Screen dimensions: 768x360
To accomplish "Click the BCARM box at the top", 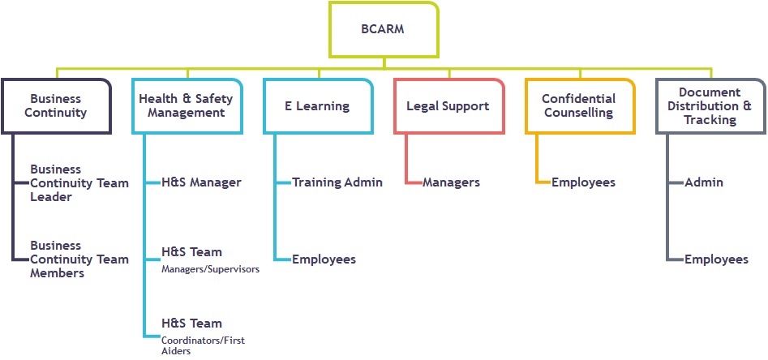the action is click(384, 29).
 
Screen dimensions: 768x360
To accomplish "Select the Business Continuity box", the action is click(56, 105).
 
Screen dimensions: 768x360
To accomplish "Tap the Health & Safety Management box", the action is click(187, 105).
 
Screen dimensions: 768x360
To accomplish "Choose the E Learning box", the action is click(318, 105).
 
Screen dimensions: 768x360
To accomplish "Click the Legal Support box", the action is click(449, 105).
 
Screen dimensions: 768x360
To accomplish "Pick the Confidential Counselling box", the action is click(580, 105).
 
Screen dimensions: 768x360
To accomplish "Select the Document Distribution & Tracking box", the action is click(710, 105).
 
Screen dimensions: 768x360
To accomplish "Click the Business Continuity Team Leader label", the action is click(79, 183).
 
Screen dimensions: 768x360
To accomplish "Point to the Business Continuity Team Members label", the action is click(79, 259).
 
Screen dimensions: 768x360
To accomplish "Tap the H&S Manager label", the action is click(201, 182).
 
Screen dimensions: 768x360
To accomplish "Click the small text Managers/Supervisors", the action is click(210, 269).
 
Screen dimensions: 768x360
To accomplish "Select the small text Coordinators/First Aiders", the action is click(203, 345).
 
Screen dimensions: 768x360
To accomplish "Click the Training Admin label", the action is click(337, 182).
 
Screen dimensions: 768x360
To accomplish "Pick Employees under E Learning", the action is click(324, 259).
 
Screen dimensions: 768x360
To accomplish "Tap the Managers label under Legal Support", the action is click(451, 182).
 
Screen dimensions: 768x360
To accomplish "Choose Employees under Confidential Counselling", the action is click(583, 182).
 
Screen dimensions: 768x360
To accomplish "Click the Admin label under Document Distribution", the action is click(704, 182).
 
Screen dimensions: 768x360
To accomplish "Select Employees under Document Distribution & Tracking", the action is click(716, 259).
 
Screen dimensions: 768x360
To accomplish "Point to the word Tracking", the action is click(710, 120).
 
